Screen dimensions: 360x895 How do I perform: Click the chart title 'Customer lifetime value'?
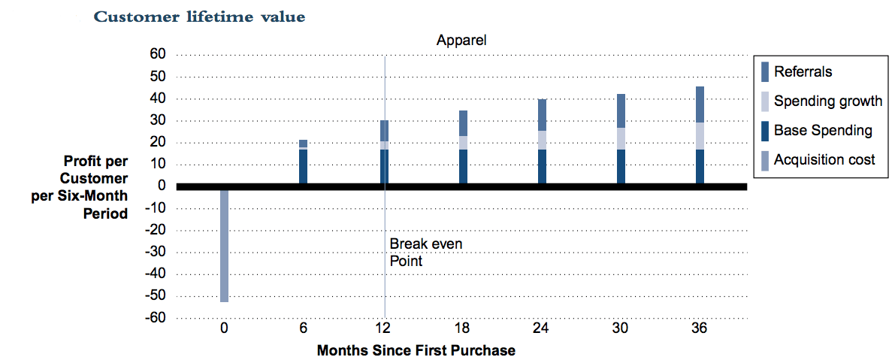pyautogui.click(x=199, y=17)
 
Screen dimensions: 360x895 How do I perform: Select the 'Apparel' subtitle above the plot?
pyautogui.click(x=461, y=41)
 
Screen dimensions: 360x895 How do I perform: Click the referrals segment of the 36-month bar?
pyautogui.click(x=700, y=104)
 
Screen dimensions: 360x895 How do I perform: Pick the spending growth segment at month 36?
pyautogui.click(x=700, y=136)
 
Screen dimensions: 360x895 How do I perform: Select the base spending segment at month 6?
pyautogui.click(x=303, y=166)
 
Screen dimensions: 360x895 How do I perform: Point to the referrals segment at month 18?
pyautogui.click(x=463, y=123)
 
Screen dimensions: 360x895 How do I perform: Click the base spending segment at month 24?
pyautogui.click(x=542, y=166)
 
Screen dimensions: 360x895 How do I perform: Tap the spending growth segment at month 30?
pyautogui.click(x=621, y=138)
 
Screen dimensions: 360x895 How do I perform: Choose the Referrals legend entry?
pyautogui.click(x=803, y=72)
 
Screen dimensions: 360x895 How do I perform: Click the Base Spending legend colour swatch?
pyautogui.click(x=765, y=130)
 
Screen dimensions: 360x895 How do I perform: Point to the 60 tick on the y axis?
pyautogui.click(x=156, y=54)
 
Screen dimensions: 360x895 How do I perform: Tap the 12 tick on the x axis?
pyautogui.click(x=383, y=328)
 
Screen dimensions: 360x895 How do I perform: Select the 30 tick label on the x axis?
pyautogui.click(x=620, y=328)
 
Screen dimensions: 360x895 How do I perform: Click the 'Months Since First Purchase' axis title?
pyautogui.click(x=416, y=350)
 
